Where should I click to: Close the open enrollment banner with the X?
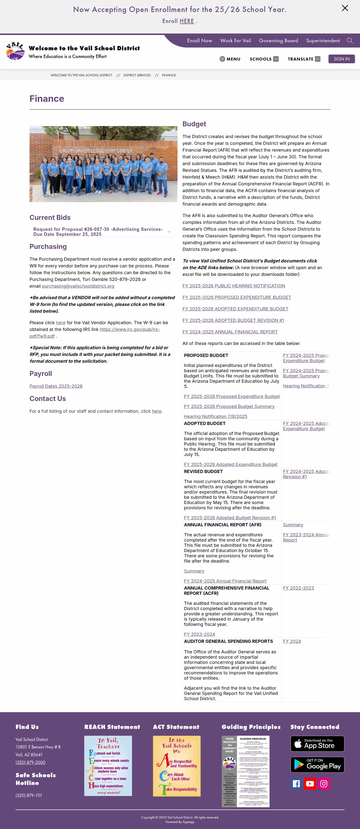pyautogui.click(x=344, y=8)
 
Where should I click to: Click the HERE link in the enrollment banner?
pyautogui.click(x=186, y=21)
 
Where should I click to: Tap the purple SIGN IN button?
pyautogui.click(x=341, y=59)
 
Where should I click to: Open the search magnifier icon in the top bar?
pyautogui.click(x=350, y=41)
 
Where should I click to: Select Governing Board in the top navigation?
pyautogui.click(x=278, y=41)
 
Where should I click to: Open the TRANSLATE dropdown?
pyautogui.click(x=304, y=59)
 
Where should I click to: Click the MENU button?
pyautogui.click(x=230, y=59)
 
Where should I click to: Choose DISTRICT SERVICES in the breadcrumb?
pyautogui.click(x=137, y=75)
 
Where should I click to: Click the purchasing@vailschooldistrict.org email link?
pyautogui.click(x=78, y=286)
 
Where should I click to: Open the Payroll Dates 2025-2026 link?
pyautogui.click(x=56, y=386)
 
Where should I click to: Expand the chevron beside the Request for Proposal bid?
pyautogui.click(x=169, y=232)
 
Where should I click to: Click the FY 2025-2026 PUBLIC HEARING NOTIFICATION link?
pyautogui.click(x=233, y=286)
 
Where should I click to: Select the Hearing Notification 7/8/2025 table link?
pyautogui.click(x=215, y=417)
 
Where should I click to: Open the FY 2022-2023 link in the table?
pyautogui.click(x=298, y=588)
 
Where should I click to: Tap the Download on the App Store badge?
pyautogui.click(x=317, y=743)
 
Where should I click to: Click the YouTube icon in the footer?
pyautogui.click(x=310, y=784)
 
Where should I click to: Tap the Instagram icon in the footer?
pyautogui.click(x=324, y=784)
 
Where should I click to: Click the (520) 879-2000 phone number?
pyautogui.click(x=30, y=762)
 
